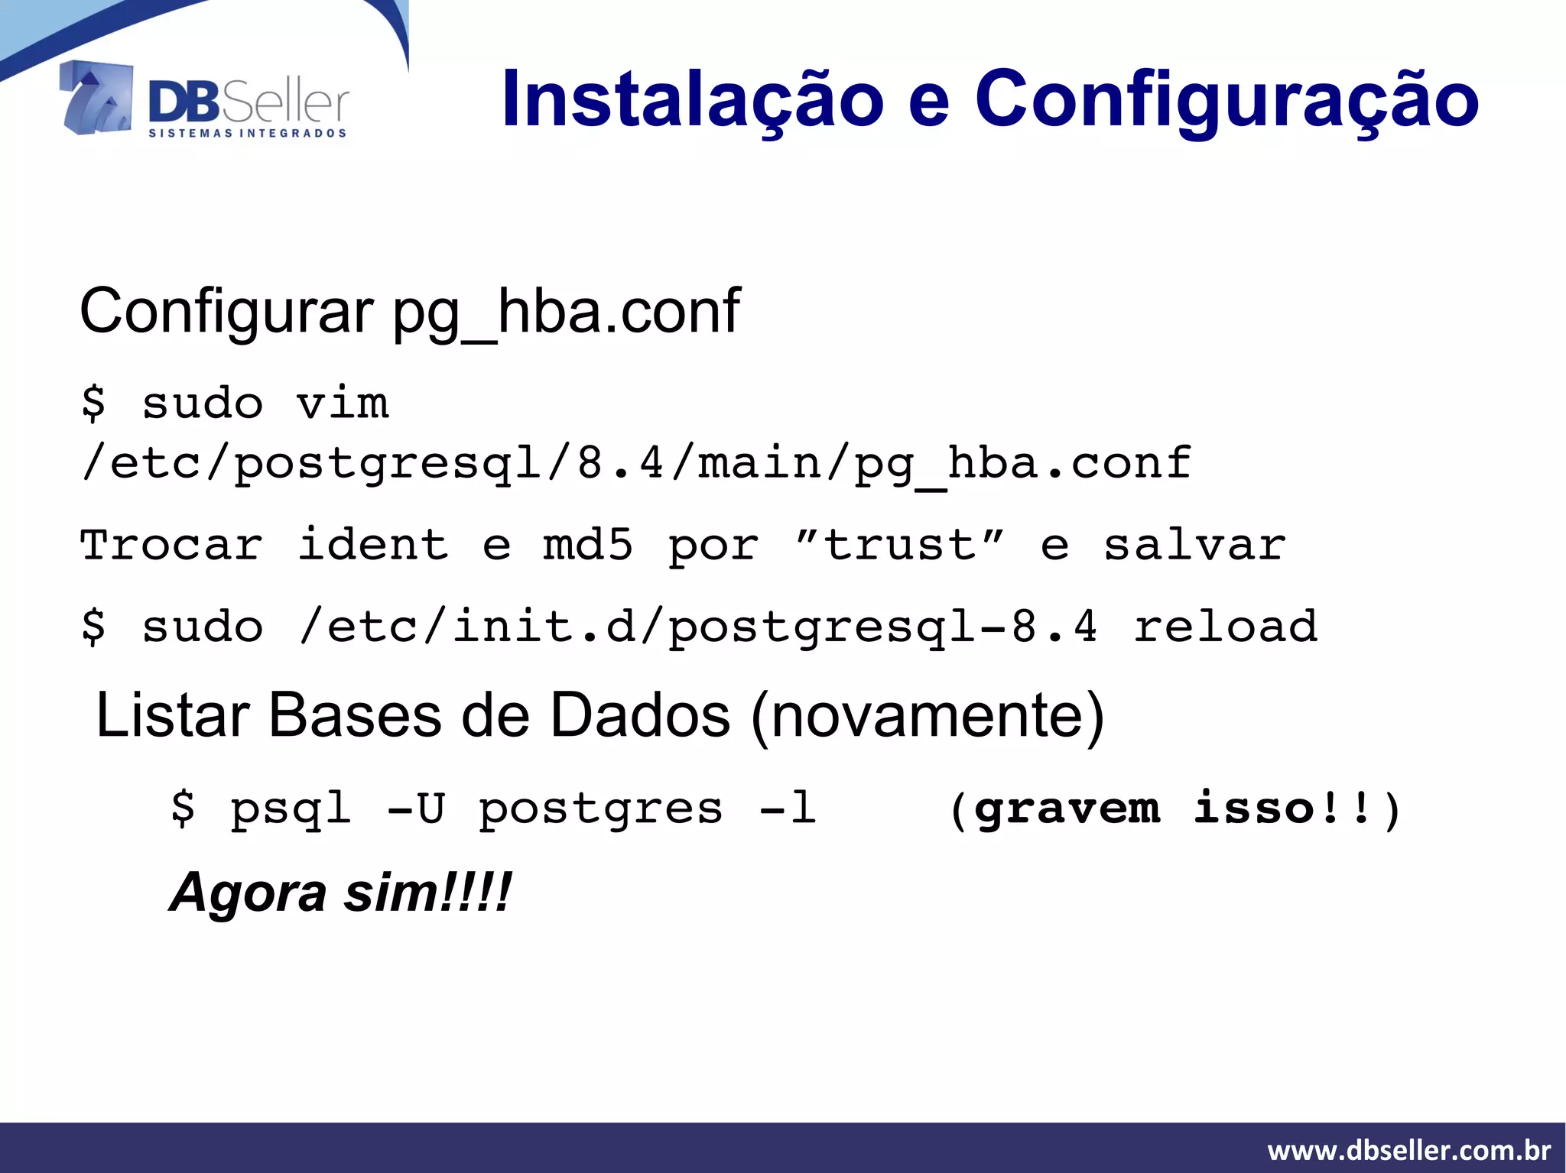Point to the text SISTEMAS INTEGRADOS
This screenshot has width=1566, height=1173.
248,134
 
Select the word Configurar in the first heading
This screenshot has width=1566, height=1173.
226,312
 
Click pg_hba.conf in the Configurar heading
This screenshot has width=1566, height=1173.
566,312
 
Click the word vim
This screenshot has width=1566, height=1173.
343,403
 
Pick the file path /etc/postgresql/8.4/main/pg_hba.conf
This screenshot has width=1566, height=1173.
636,463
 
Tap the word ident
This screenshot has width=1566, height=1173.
372,545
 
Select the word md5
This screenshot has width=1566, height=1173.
587,545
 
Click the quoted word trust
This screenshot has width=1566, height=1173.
899,545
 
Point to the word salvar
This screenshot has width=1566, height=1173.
1194,545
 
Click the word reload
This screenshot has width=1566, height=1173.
1225,627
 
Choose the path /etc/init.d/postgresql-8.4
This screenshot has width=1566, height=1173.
698,627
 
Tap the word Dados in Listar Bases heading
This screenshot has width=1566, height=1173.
640,715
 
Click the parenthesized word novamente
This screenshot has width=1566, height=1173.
928,715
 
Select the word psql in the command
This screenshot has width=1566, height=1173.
291,808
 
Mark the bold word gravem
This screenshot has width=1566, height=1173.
1067,808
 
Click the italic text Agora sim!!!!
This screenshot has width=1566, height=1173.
340,892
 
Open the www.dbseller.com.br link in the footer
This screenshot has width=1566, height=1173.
1408,1150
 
